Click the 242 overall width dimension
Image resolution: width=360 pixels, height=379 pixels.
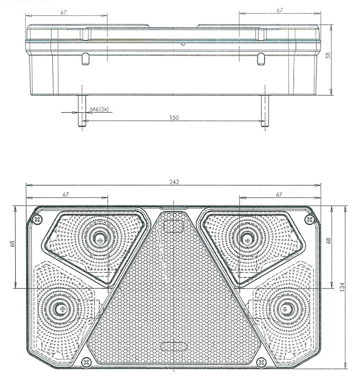click(x=174, y=182)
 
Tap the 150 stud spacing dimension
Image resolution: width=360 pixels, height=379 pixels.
click(x=174, y=118)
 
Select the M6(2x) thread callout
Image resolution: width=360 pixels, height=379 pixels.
click(x=100, y=109)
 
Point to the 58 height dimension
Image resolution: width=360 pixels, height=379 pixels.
click(x=328, y=56)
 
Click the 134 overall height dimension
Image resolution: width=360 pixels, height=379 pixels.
click(x=342, y=287)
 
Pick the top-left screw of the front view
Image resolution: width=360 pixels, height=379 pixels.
click(x=37, y=219)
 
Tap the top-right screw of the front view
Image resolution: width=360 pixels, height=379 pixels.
click(x=309, y=219)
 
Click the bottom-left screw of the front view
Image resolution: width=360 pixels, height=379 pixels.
click(x=86, y=362)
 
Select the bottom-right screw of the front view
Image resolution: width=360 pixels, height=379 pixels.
click(x=261, y=362)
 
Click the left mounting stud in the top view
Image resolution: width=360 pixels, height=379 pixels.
click(x=82, y=111)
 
